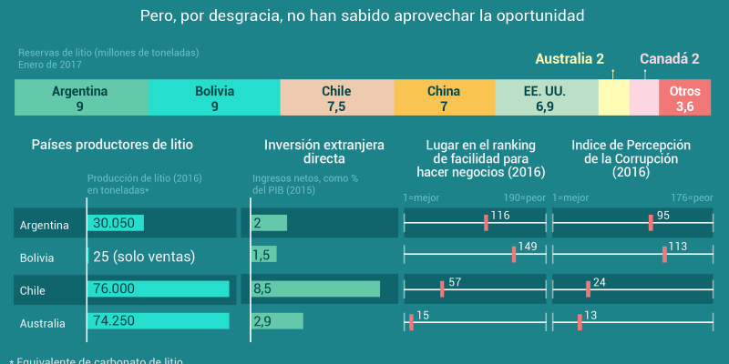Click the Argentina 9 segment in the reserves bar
(80, 98)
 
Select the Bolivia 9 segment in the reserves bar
(214, 98)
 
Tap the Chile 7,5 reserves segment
(336, 98)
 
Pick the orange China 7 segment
(444, 98)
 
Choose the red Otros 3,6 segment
(684, 98)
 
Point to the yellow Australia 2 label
(569, 59)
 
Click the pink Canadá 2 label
(669, 59)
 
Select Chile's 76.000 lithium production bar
(158, 288)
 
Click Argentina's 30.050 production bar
(115, 223)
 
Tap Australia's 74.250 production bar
(158, 321)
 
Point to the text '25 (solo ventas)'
(144, 257)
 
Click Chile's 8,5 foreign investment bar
(315, 288)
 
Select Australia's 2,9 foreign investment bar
(277, 321)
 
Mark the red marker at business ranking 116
(487, 223)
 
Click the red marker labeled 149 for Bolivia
(514, 256)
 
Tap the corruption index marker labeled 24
(588, 288)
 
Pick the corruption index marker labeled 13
(580, 321)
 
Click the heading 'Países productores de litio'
(112, 145)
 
